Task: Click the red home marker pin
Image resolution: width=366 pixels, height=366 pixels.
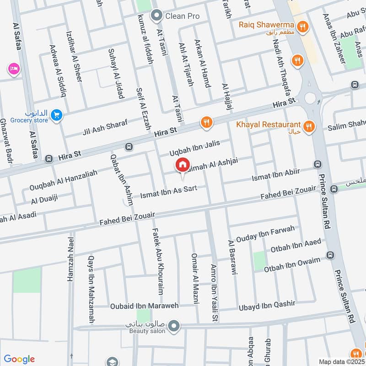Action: (x=182, y=165)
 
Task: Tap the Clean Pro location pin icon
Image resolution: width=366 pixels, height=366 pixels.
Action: (x=157, y=16)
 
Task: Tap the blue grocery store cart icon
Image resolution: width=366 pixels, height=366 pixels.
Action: (x=56, y=115)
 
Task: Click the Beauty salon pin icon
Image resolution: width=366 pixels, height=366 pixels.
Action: (x=173, y=326)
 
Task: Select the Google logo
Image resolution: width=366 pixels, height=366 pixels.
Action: (x=19, y=359)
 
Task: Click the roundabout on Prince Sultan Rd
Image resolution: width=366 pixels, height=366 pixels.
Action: (x=311, y=97)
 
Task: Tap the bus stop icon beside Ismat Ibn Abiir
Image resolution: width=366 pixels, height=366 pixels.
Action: (x=317, y=164)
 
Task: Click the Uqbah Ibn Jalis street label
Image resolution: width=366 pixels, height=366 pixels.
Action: (x=194, y=147)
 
